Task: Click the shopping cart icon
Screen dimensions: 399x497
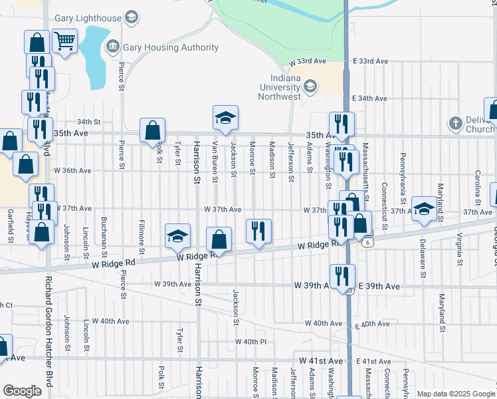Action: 64,41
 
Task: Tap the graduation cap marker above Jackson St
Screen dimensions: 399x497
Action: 225,118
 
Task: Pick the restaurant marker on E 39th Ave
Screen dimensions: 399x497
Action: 342,276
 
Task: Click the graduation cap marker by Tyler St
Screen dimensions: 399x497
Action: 177,235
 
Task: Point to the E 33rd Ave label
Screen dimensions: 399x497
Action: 370,61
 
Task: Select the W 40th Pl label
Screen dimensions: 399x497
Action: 250,342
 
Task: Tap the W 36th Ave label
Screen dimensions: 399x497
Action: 73,171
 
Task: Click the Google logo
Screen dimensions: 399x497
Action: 22,391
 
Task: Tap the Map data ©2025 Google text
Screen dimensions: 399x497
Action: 455,394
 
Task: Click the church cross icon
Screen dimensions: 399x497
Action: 455,123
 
